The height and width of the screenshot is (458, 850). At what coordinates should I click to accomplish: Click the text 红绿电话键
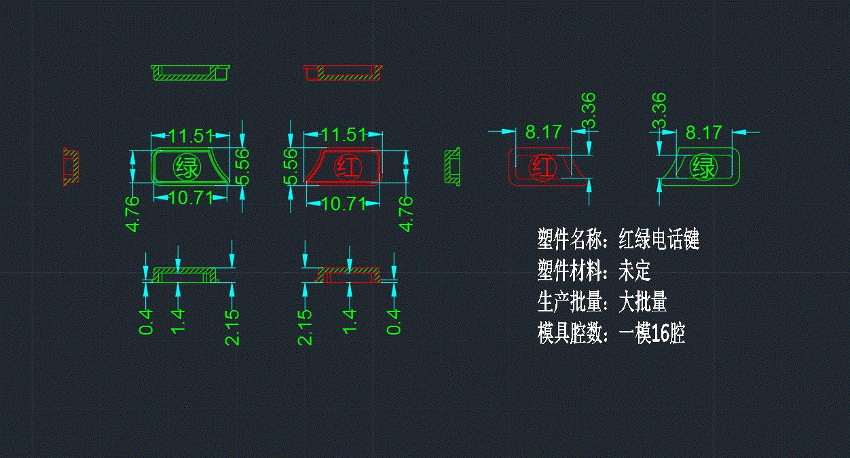pyautogui.click(x=659, y=240)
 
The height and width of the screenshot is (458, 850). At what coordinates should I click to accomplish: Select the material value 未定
pyautogui.click(x=634, y=271)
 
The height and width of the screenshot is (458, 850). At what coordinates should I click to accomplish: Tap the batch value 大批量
pyautogui.click(x=642, y=302)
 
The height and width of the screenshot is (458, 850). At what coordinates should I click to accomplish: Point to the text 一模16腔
pyautogui.click(x=652, y=334)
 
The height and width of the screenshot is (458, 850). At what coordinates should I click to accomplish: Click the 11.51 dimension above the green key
pyautogui.click(x=191, y=136)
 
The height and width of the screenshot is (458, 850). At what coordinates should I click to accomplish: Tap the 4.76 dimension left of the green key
pyautogui.click(x=133, y=214)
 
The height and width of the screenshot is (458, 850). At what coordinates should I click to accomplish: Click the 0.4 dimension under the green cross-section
pyautogui.click(x=146, y=322)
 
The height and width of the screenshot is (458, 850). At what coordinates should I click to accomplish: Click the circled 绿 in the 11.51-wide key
pyautogui.click(x=187, y=167)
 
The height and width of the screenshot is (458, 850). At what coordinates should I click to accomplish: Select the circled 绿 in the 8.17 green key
pyautogui.click(x=703, y=166)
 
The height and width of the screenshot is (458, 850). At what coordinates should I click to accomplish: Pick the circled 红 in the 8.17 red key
pyautogui.click(x=541, y=167)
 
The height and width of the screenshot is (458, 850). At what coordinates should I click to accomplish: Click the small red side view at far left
pyautogui.click(x=71, y=167)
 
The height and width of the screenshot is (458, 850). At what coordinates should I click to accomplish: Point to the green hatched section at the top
pyautogui.click(x=191, y=72)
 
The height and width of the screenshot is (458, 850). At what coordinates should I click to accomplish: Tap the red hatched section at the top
pyautogui.click(x=343, y=72)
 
